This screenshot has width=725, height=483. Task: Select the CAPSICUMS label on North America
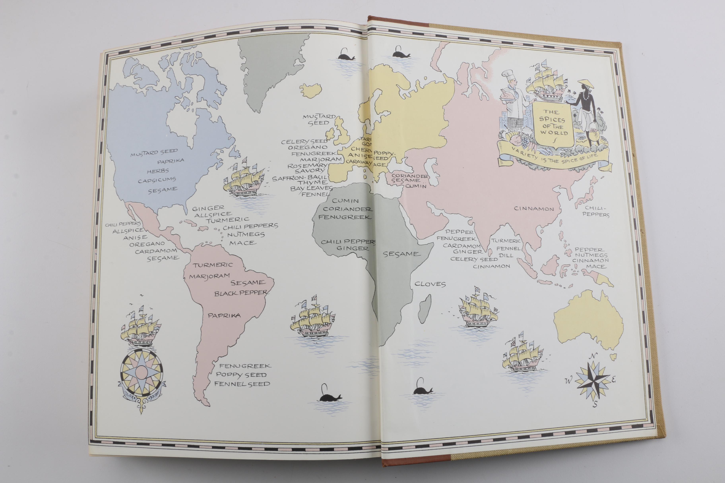coord(157,180)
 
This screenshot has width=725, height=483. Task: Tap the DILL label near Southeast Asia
coord(506,255)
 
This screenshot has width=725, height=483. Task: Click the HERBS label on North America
coord(158,171)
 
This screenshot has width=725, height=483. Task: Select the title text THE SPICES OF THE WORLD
coord(553,123)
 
